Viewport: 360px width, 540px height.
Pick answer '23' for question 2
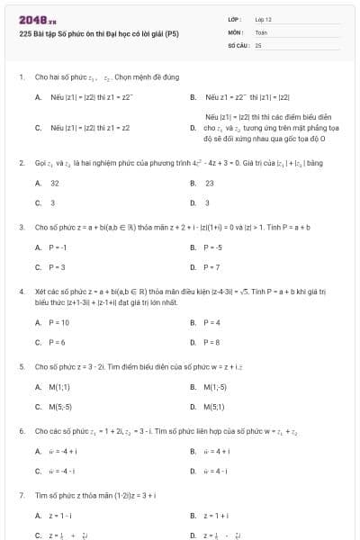tap(209, 183)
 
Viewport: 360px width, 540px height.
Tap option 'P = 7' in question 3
tap(211, 267)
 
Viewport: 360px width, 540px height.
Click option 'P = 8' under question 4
tap(212, 342)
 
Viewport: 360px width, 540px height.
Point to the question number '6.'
tap(21, 432)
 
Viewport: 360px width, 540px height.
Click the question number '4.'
tap(21, 292)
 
